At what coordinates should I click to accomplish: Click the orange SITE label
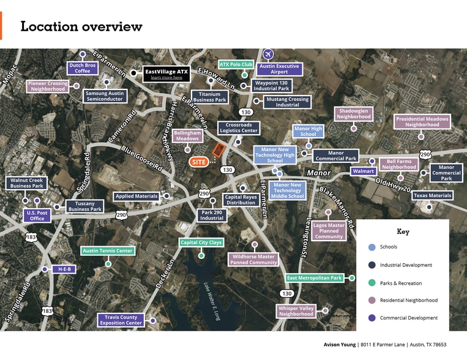pos(198,162)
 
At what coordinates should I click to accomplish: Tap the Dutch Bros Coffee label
pos(83,68)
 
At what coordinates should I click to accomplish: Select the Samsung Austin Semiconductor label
pos(104,96)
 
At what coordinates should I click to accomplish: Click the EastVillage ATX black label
pos(166,74)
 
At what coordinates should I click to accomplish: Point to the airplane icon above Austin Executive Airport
pos(267,54)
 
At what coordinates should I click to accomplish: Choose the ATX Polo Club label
pos(236,64)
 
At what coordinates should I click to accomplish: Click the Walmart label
pos(363,171)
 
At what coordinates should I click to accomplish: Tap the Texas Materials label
pos(432,195)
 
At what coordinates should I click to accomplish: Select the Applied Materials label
pos(136,197)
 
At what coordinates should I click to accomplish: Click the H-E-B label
pos(64,269)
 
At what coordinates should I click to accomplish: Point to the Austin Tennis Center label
pos(108,250)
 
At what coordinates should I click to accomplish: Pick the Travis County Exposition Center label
pos(121,320)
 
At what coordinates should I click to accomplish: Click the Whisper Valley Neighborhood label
pos(296,311)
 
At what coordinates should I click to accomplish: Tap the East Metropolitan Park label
pos(315,278)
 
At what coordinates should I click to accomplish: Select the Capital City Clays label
pos(202,242)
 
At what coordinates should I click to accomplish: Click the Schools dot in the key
pos(372,247)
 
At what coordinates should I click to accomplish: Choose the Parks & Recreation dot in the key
pos(372,283)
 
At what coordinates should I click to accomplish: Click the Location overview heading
pos(81,26)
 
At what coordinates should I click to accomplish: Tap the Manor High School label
pos(308,132)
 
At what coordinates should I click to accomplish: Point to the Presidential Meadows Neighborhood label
pos(422,122)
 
